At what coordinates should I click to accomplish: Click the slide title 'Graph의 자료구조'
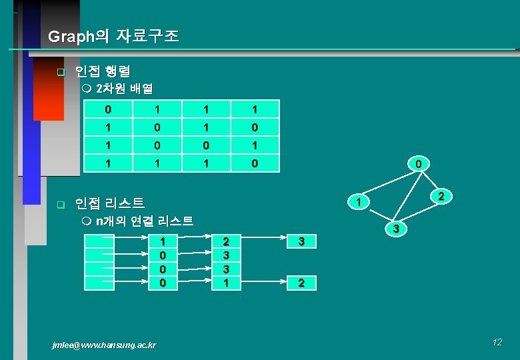coord(113,37)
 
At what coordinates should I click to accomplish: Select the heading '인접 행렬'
coord(103,71)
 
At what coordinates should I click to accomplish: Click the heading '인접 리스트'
coord(110,203)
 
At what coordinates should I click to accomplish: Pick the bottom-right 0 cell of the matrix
coord(254,163)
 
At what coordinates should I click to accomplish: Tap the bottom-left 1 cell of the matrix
coord(109,163)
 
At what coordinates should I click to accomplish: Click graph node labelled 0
coord(417,163)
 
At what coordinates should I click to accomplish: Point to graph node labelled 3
coord(395,229)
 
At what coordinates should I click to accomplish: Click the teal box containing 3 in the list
coord(301,241)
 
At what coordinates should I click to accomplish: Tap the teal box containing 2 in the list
coord(301,283)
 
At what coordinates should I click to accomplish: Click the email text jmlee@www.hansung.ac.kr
coord(104,345)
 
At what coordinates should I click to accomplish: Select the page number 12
coord(497,342)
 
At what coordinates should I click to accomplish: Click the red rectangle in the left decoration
coord(48,87)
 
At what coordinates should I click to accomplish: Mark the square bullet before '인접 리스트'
coord(60,203)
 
